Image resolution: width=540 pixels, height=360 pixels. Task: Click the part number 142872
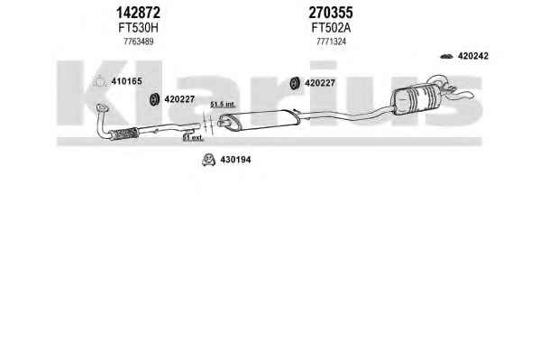point(138,13)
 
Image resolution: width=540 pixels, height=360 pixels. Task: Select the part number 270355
point(331,13)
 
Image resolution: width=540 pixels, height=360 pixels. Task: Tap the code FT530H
point(138,28)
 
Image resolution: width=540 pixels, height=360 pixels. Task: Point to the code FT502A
point(331,28)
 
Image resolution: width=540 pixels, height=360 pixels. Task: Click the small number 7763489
point(139,42)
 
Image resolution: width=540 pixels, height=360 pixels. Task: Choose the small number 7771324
point(331,42)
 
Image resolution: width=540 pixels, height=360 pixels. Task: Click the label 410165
point(126,81)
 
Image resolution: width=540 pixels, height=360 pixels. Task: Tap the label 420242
point(473,56)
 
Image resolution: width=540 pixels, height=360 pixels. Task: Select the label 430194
point(235,160)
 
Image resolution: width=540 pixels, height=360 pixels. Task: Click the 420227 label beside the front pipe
point(179,99)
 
